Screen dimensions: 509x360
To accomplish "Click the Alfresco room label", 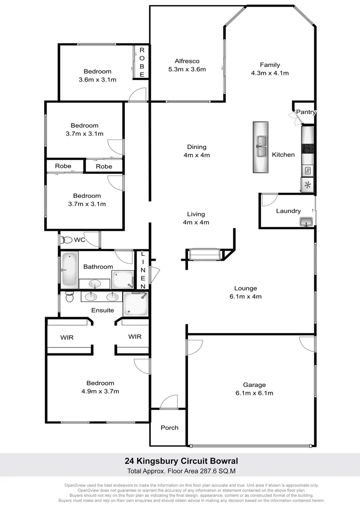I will (x=187, y=61).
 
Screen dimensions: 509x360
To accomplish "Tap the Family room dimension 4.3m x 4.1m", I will (x=270, y=73).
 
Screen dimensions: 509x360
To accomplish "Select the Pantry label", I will (x=305, y=112).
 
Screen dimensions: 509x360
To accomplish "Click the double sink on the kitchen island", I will (x=261, y=146).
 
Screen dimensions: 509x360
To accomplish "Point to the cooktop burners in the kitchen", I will (x=308, y=149).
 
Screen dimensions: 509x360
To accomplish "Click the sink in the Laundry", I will (x=306, y=221).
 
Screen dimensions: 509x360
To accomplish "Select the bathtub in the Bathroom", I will (x=69, y=270).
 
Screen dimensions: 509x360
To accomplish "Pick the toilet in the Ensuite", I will (x=69, y=297).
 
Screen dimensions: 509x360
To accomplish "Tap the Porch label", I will (x=170, y=427).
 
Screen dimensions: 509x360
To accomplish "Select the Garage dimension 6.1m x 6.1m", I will (x=254, y=393).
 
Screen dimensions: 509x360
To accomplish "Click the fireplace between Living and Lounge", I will (x=204, y=254).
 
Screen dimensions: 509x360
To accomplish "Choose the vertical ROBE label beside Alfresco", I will (x=142, y=62).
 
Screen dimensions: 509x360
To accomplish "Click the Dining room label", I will (x=196, y=147).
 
